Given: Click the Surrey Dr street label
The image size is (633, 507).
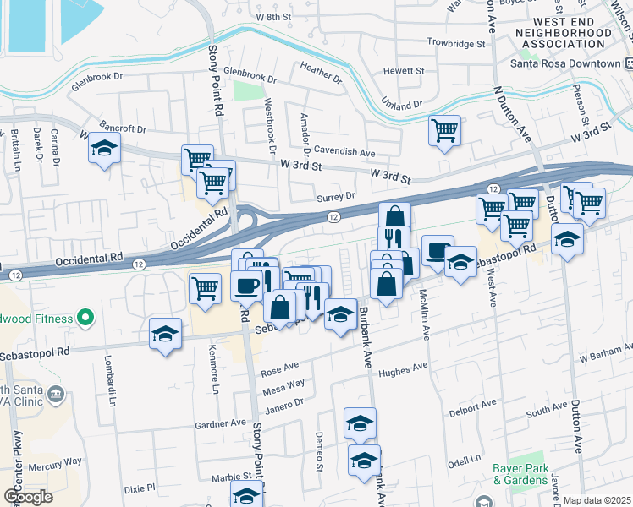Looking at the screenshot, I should pos(335,196).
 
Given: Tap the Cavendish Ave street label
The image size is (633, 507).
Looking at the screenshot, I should pos(344,152).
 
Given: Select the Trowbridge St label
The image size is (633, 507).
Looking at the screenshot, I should pos(455,41).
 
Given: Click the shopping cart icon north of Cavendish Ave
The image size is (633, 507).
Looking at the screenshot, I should pos(444,131).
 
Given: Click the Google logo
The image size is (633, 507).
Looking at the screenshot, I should pos(27,497).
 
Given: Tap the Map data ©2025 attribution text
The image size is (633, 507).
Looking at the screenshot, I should pos(597,500).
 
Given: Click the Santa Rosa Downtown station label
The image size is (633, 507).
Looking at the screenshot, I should pos(565,63).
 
